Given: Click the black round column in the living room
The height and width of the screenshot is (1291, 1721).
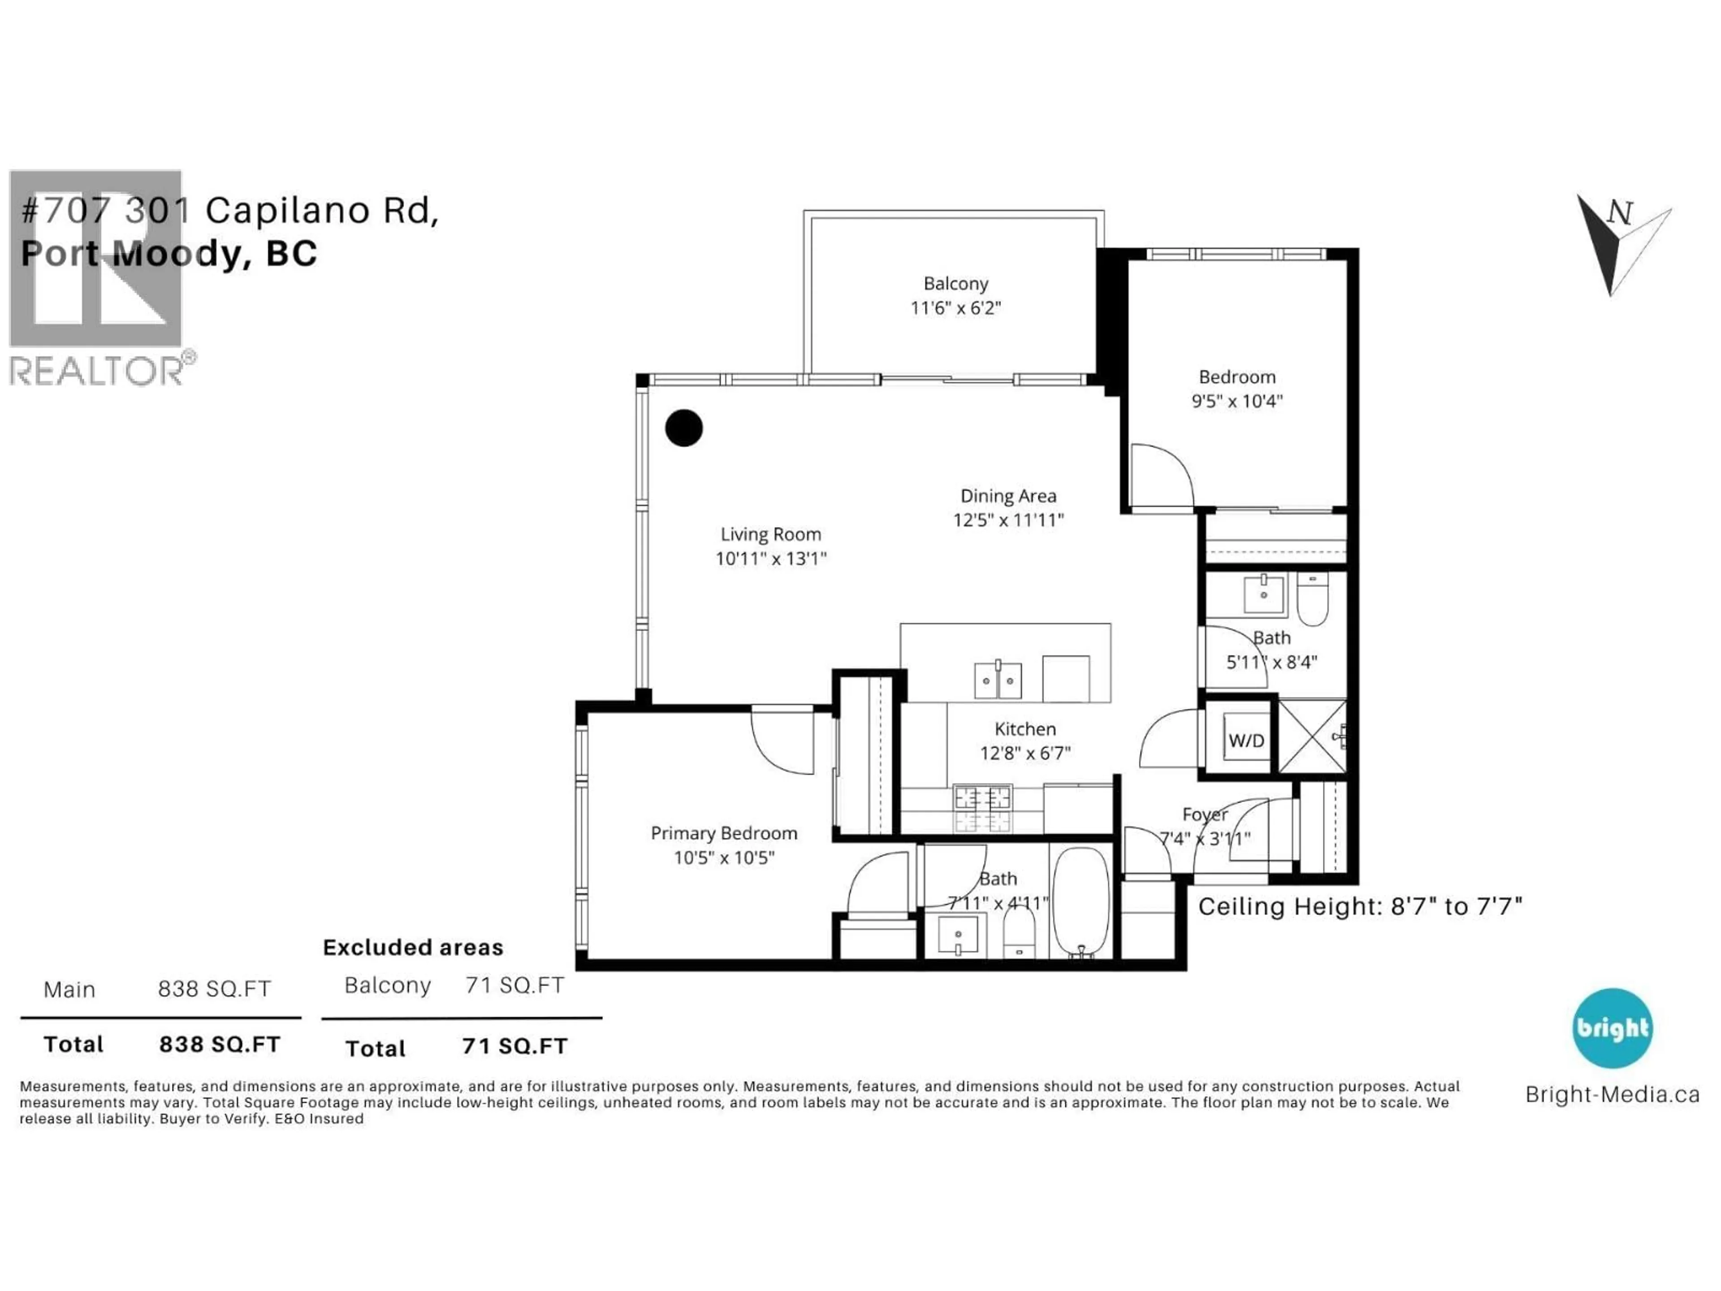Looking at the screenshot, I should (684, 428).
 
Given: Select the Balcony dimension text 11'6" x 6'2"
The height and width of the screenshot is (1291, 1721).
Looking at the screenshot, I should (956, 308).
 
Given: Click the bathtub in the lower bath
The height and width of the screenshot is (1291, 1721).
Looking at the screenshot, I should (1081, 901).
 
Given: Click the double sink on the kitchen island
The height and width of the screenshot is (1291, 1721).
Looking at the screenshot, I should (998, 681).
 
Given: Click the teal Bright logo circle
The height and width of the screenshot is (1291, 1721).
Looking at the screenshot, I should (1612, 1028).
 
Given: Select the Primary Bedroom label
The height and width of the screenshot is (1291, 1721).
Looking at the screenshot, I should (723, 833).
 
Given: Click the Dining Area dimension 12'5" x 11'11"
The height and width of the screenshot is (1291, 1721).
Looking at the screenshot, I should (1008, 520).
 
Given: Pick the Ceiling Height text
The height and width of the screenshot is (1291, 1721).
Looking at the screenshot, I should (1359, 906).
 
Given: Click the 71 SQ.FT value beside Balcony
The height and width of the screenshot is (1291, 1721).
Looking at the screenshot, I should (514, 985).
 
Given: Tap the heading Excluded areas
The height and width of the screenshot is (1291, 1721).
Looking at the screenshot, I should (413, 947).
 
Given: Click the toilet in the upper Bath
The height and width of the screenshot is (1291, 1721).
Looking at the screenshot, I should (1313, 601).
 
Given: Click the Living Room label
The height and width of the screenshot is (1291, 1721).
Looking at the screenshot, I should (770, 535).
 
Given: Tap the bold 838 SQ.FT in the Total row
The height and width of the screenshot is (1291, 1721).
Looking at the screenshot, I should (220, 1044).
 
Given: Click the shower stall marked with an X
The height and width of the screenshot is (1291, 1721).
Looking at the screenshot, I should (1312, 736).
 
